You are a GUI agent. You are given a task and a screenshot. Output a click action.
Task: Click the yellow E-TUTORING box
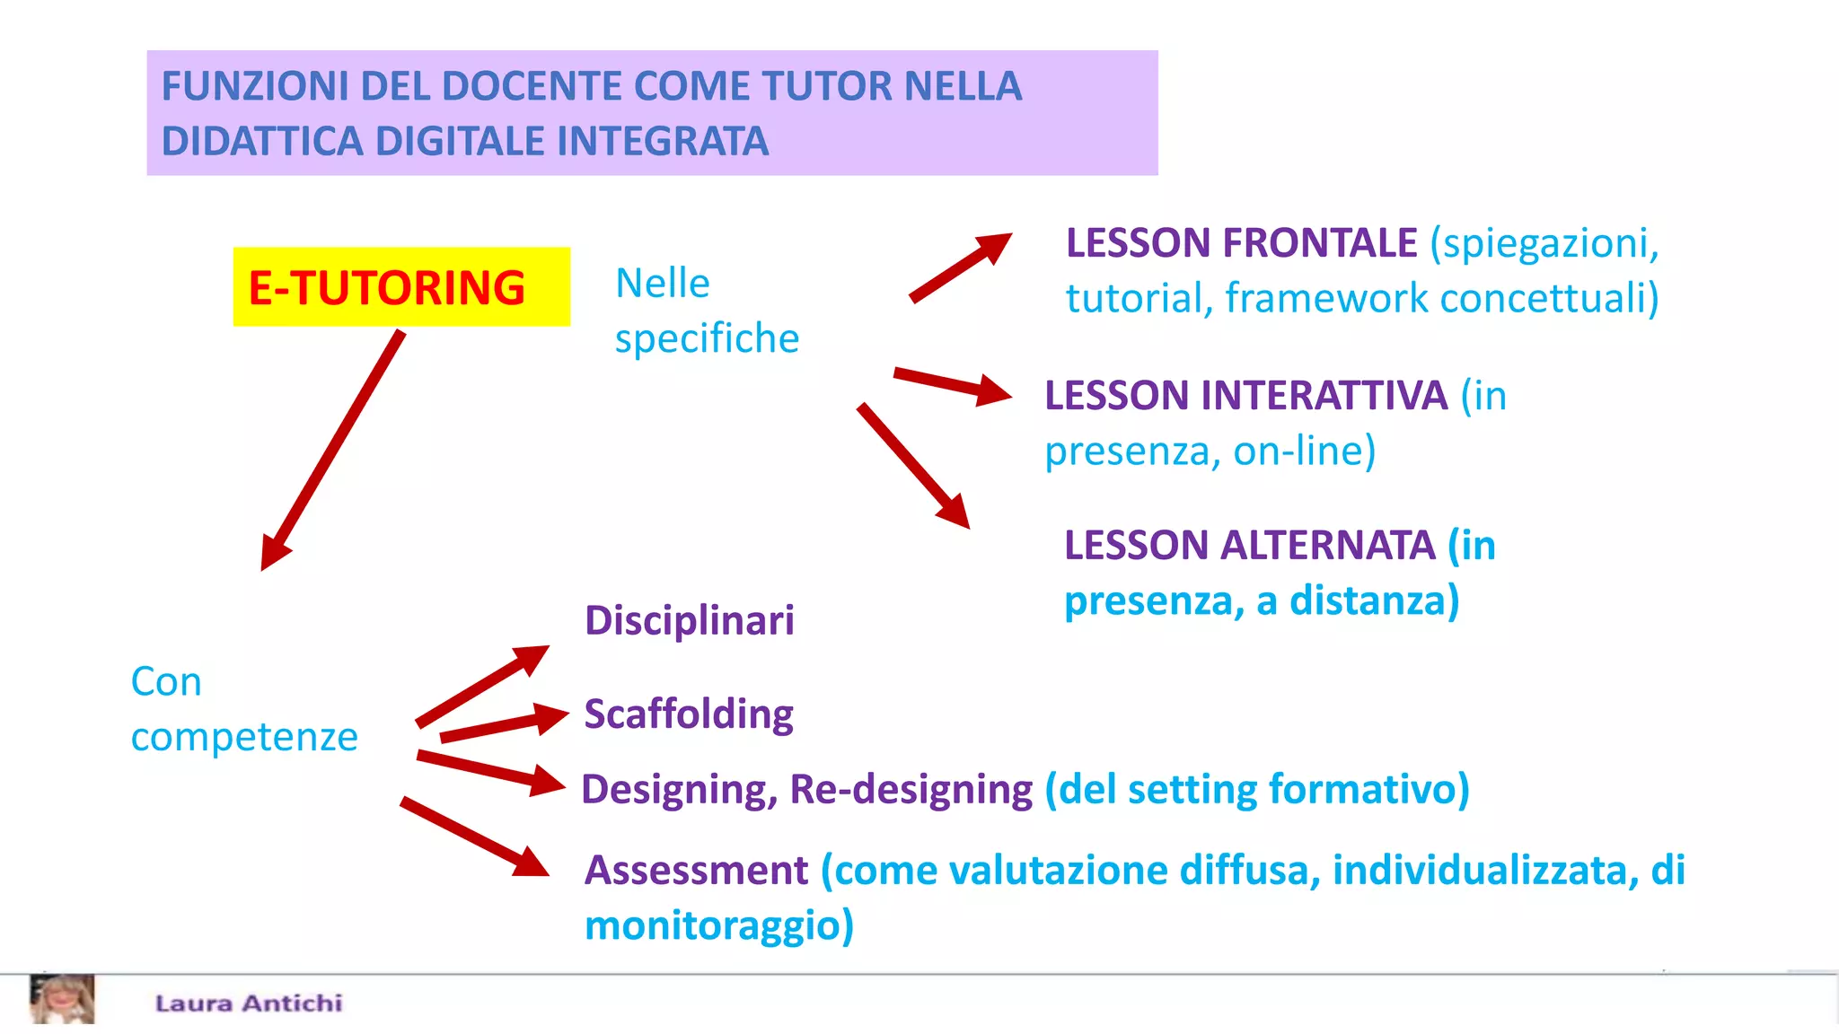[400, 287]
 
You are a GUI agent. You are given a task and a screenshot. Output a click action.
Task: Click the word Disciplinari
[690, 620]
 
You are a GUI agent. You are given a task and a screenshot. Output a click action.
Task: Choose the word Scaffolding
[689, 714]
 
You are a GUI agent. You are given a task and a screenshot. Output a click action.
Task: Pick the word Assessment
[696, 871]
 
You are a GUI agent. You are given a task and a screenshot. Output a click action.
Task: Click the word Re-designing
[911, 790]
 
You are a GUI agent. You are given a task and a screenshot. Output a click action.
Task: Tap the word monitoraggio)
[718, 925]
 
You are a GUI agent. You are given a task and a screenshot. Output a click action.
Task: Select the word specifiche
[707, 339]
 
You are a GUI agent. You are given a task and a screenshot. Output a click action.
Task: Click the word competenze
[244, 737]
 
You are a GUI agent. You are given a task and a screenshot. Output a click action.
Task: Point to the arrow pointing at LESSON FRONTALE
[960, 267]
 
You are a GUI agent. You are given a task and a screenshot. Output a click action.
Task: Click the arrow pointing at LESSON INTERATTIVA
[952, 385]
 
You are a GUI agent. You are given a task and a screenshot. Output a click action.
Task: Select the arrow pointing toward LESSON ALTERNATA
[913, 465]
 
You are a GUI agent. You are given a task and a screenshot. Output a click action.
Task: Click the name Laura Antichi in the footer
[249, 1003]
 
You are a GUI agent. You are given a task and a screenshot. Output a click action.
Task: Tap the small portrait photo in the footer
[62, 999]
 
